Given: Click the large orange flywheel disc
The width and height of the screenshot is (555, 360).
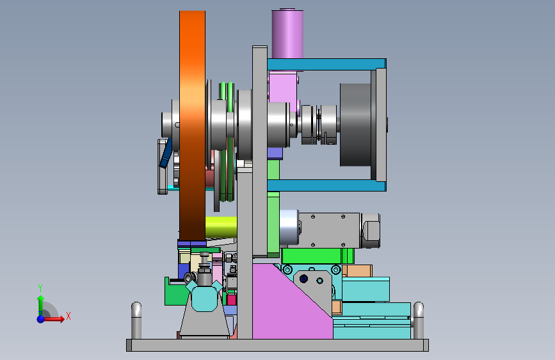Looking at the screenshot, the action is point(192,126).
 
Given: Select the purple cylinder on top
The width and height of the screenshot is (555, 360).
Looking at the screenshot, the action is point(287,33).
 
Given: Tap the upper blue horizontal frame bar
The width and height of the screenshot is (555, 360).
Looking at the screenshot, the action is point(326,64).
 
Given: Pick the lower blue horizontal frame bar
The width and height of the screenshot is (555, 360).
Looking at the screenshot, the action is point(326,185).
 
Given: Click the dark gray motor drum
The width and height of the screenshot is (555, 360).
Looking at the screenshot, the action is point(355,125).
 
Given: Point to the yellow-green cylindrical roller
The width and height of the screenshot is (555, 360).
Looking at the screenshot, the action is point(221,227).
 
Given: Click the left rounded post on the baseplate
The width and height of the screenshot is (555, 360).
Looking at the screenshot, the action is point(136,320).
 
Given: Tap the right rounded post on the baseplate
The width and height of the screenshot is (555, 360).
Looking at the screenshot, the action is point(419,320).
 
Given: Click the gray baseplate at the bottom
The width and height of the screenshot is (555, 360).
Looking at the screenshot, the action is point(278,345).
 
